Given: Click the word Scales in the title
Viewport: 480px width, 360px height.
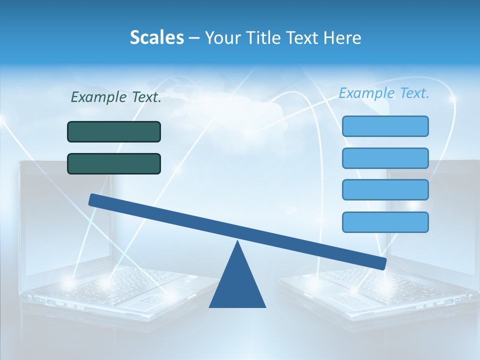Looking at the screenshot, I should [156, 37].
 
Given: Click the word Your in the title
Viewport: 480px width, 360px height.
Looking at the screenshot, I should [222, 37].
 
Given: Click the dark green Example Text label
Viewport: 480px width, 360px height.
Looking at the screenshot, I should [116, 97].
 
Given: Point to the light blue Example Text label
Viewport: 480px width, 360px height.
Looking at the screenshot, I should [384, 93].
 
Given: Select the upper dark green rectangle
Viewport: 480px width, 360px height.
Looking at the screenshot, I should [114, 131].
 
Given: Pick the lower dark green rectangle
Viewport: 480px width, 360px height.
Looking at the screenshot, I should [114, 163].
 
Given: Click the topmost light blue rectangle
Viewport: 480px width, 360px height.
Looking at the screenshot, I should [385, 126].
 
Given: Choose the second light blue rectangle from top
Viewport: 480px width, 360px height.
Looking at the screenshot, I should [385, 158].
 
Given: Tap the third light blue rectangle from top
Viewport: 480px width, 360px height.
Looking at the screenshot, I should [385, 189].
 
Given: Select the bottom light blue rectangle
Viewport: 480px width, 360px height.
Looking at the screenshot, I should [385, 222].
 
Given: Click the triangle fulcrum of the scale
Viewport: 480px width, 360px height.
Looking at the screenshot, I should [237, 285].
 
